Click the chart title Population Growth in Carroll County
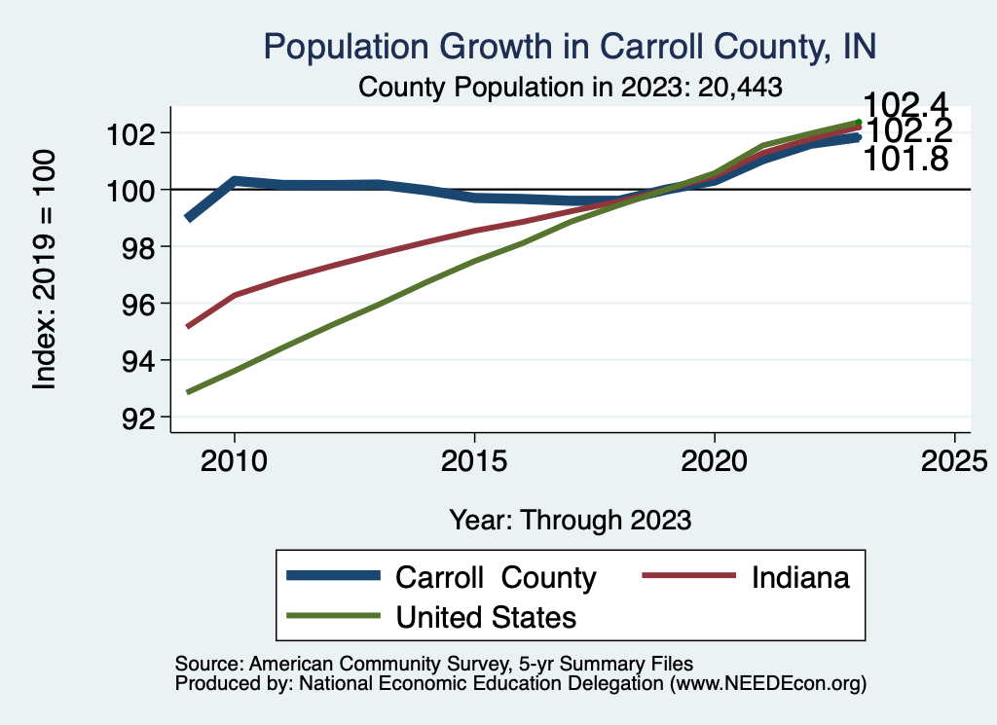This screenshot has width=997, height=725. (570, 46)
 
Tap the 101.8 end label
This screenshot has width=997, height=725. (906, 159)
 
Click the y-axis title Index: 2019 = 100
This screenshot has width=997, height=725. (45, 271)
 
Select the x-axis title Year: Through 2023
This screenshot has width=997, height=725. (570, 520)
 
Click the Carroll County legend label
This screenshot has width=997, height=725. (495, 577)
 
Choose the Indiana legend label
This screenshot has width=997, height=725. (800, 577)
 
